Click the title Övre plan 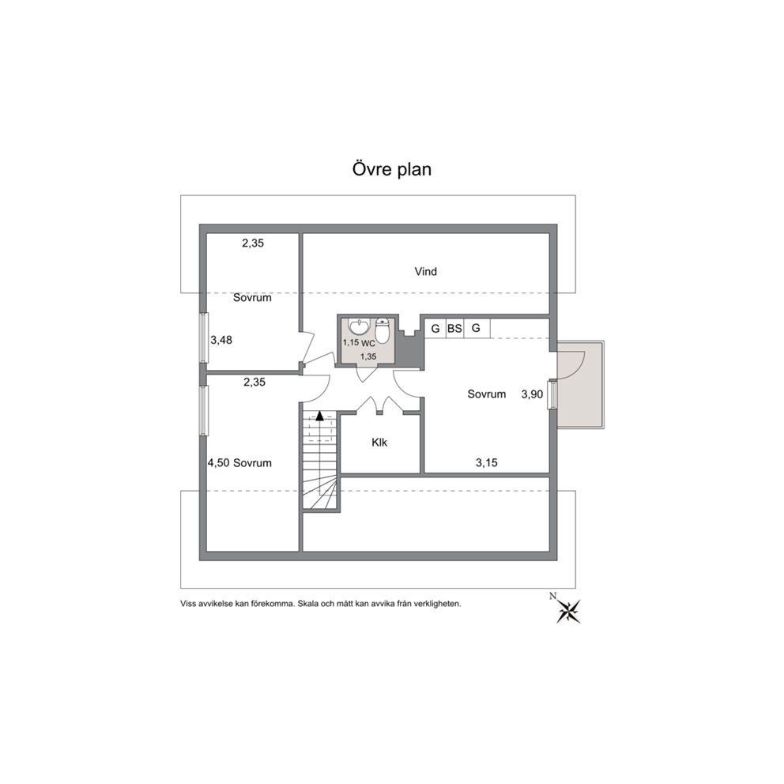tap(391, 169)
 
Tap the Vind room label tap(425, 272)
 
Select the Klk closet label tap(379, 443)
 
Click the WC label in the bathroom tap(368, 344)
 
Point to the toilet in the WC tap(383, 331)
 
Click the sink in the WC tap(359, 326)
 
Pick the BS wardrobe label tap(454, 329)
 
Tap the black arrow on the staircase tap(319, 414)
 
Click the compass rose tap(568, 612)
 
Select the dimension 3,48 tap(221, 340)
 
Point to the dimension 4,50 tap(218, 463)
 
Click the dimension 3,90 tap(532, 394)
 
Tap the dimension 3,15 tap(487, 463)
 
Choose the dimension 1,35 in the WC tap(368, 356)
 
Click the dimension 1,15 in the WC tap(351, 343)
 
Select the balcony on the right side tap(580, 384)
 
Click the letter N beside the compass tap(552, 595)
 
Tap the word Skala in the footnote tap(307, 604)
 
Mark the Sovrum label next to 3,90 tap(487, 394)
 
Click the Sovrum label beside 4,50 tap(252, 463)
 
